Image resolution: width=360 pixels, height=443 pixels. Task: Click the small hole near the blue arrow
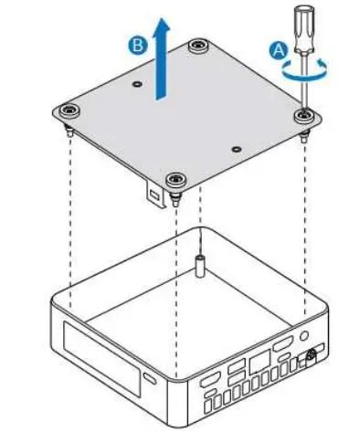click(x=136, y=84)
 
